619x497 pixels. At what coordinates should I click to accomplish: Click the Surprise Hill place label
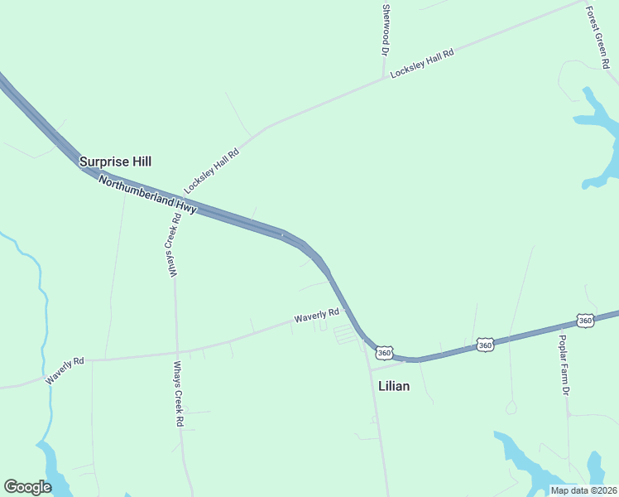[115, 162]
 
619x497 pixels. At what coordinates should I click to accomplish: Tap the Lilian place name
[394, 386]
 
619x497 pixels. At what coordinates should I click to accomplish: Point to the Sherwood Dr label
[386, 30]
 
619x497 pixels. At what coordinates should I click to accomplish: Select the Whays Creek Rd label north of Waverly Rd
[176, 246]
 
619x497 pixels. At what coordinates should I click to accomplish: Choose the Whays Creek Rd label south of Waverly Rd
[178, 393]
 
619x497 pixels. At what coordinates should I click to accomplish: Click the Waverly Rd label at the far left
[65, 370]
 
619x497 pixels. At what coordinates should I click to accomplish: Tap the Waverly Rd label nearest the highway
[317, 316]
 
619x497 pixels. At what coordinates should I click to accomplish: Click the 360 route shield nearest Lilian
[384, 353]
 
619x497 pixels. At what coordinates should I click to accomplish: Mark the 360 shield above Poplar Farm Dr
[585, 321]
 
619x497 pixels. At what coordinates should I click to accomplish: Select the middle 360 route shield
[485, 344]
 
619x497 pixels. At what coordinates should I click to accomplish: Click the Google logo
[27, 487]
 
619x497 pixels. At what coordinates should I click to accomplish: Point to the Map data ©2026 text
[583, 490]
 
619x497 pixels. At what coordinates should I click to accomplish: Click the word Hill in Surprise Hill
[137, 162]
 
